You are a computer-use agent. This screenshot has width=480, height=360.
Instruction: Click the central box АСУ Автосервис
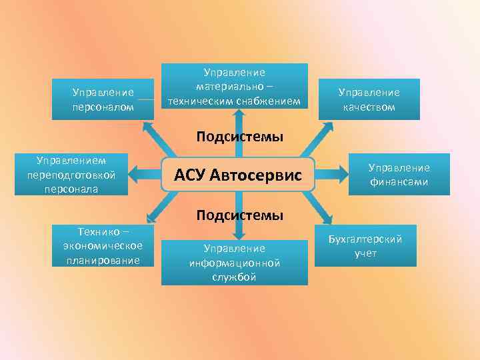tap(238, 175)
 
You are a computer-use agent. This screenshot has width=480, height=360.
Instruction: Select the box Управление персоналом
tap(103, 100)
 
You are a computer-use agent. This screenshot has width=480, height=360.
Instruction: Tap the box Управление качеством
tap(369, 100)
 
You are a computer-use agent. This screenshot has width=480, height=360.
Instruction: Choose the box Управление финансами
tap(399, 175)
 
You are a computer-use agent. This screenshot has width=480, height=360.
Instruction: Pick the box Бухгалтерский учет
tap(365, 245)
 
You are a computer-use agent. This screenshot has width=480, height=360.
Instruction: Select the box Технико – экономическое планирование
tap(103, 245)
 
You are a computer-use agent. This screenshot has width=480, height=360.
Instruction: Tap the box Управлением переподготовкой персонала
tap(72, 175)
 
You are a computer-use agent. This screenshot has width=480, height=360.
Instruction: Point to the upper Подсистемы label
tap(239, 137)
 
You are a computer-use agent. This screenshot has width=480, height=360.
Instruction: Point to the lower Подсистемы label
tap(239, 215)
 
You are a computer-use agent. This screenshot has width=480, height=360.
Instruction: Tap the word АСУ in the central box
tap(189, 176)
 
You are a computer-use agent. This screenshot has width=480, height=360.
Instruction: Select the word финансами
tap(399, 181)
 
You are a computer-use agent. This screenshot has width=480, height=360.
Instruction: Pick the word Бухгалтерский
tap(365, 239)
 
